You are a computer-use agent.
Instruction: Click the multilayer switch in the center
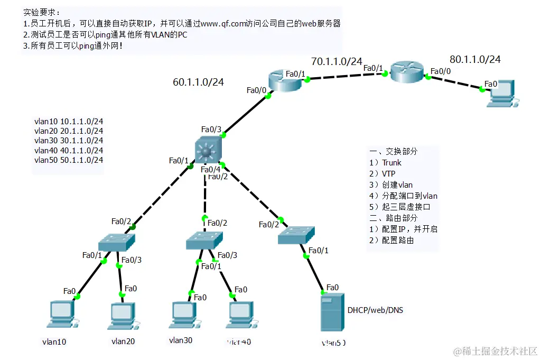coord(207,150)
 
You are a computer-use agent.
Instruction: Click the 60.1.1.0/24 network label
coord(198,82)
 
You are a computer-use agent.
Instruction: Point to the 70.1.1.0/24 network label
coord(337,61)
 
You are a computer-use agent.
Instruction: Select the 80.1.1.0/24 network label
coord(475,59)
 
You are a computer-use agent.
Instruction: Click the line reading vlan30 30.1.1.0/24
coord(68,141)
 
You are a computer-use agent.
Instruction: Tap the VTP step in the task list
coord(389,173)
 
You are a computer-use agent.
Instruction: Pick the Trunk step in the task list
coord(391,162)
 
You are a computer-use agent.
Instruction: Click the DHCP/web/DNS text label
coord(375,310)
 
